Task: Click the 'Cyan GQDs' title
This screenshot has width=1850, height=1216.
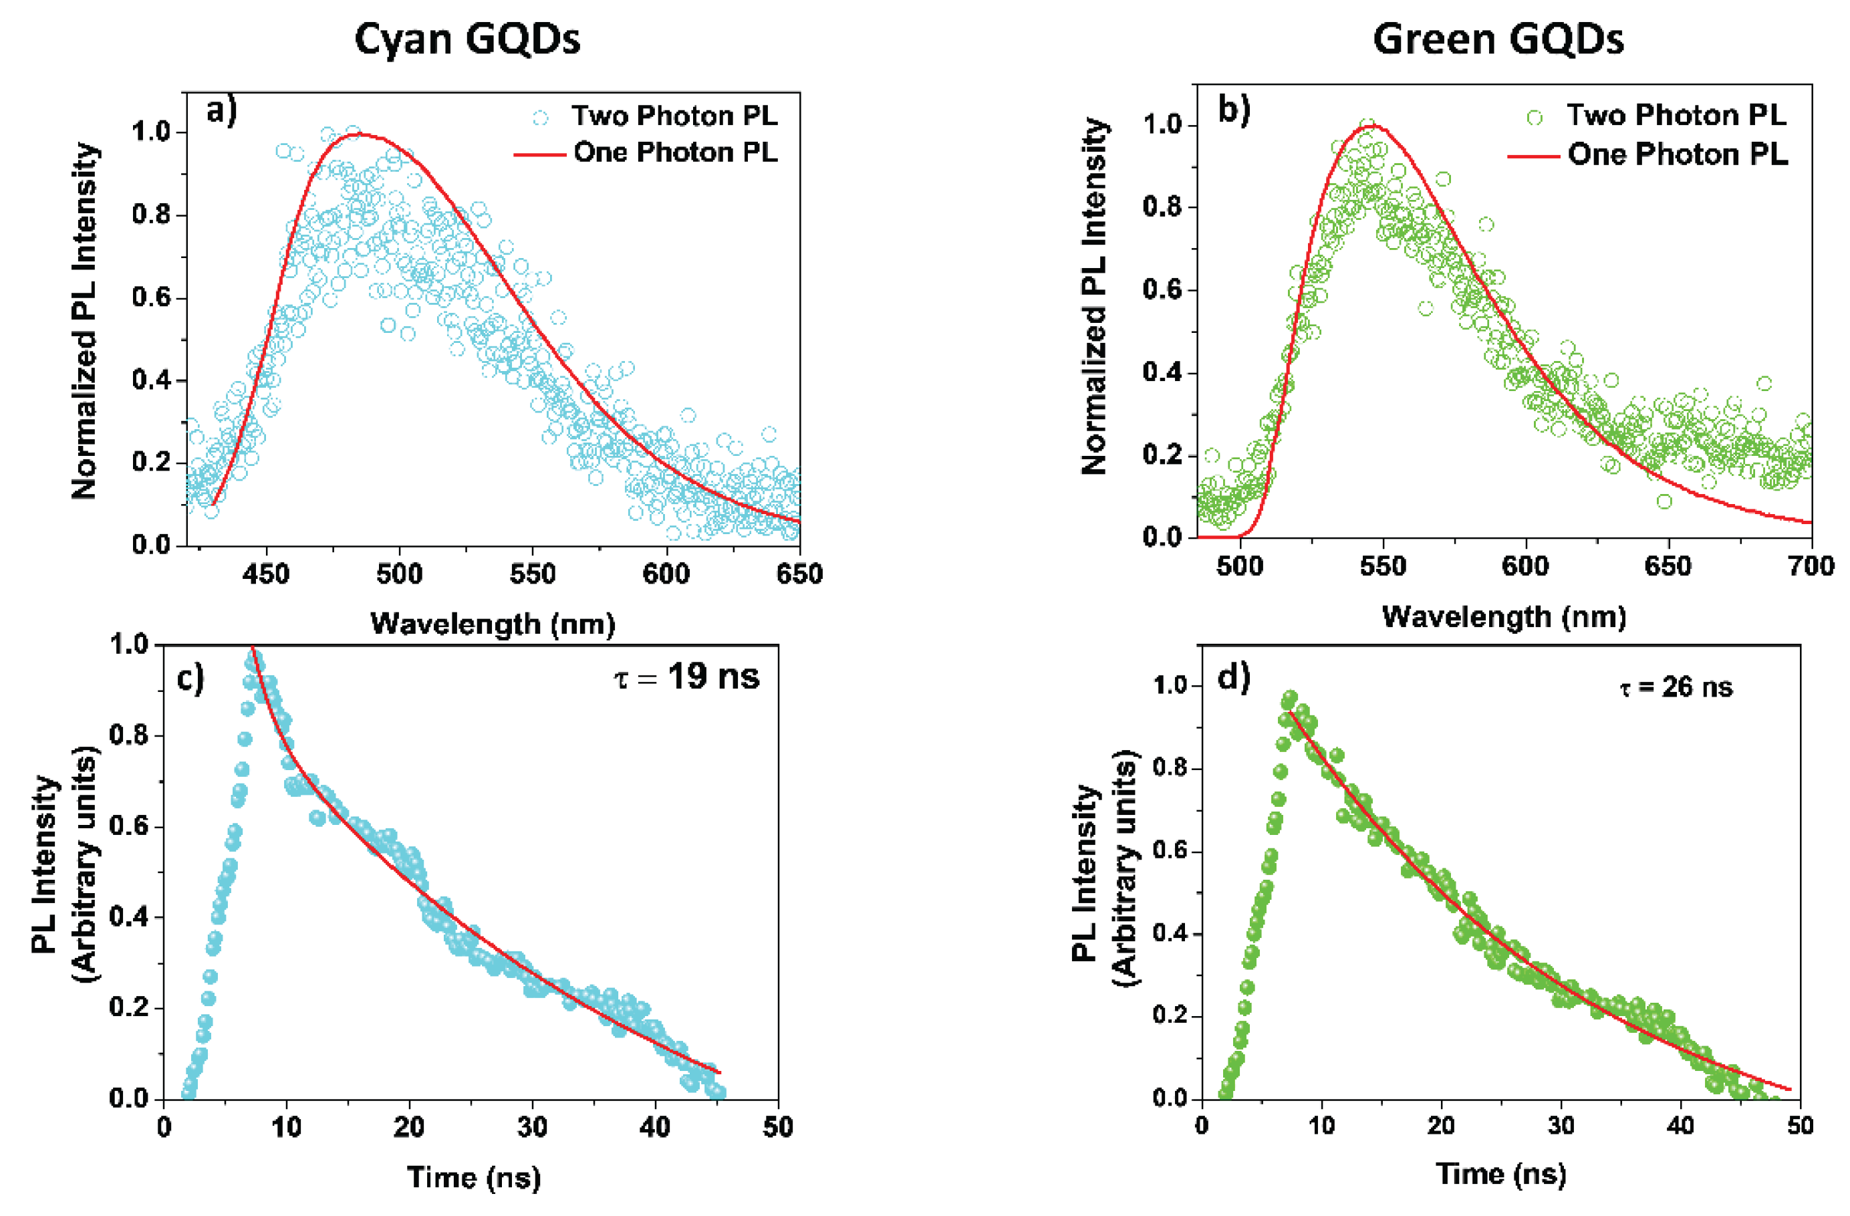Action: coord(467,39)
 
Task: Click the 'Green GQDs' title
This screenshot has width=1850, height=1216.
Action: coord(1498,39)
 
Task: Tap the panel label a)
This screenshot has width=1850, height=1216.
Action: coord(221,111)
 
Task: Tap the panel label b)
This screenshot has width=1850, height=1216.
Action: coord(1234,110)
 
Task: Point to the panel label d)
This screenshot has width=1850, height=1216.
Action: coord(1234,678)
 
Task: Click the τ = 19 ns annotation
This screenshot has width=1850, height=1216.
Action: coord(686,677)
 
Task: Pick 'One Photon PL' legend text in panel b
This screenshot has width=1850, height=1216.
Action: coord(1678,154)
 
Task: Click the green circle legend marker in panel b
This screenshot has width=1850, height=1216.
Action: coord(1535,118)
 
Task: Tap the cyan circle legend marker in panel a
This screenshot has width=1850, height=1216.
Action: coord(540,118)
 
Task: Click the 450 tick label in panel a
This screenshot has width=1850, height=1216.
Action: coord(266,574)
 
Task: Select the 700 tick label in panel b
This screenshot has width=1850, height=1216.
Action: coord(1811,566)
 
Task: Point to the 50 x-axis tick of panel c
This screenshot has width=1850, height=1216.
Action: coord(777,1126)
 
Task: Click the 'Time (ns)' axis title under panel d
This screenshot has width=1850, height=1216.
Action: coord(1500,1173)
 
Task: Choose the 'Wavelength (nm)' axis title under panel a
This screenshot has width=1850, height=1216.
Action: coord(493,624)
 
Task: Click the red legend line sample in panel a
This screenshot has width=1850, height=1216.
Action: coord(539,154)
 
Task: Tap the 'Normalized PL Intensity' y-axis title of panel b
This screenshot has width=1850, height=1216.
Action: coord(1093,295)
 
